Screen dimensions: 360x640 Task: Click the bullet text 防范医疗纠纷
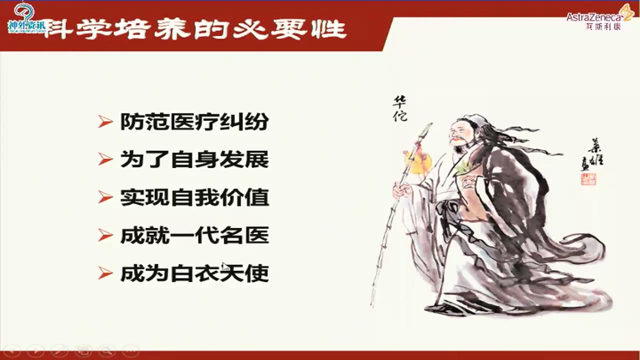[x=194, y=122]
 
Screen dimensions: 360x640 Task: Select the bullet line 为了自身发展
[x=194, y=160]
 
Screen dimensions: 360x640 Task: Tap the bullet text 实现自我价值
[x=194, y=198]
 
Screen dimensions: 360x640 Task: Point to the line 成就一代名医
[x=194, y=235]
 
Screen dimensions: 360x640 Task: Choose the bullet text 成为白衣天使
[x=194, y=273]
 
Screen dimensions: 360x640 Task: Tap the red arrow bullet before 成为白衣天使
[x=105, y=273]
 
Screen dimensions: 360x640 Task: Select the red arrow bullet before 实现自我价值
[x=105, y=198]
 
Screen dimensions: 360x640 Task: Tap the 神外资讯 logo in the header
[x=26, y=20]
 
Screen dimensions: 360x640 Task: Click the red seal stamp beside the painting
[x=588, y=178]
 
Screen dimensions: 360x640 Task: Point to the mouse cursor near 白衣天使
[x=225, y=267]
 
